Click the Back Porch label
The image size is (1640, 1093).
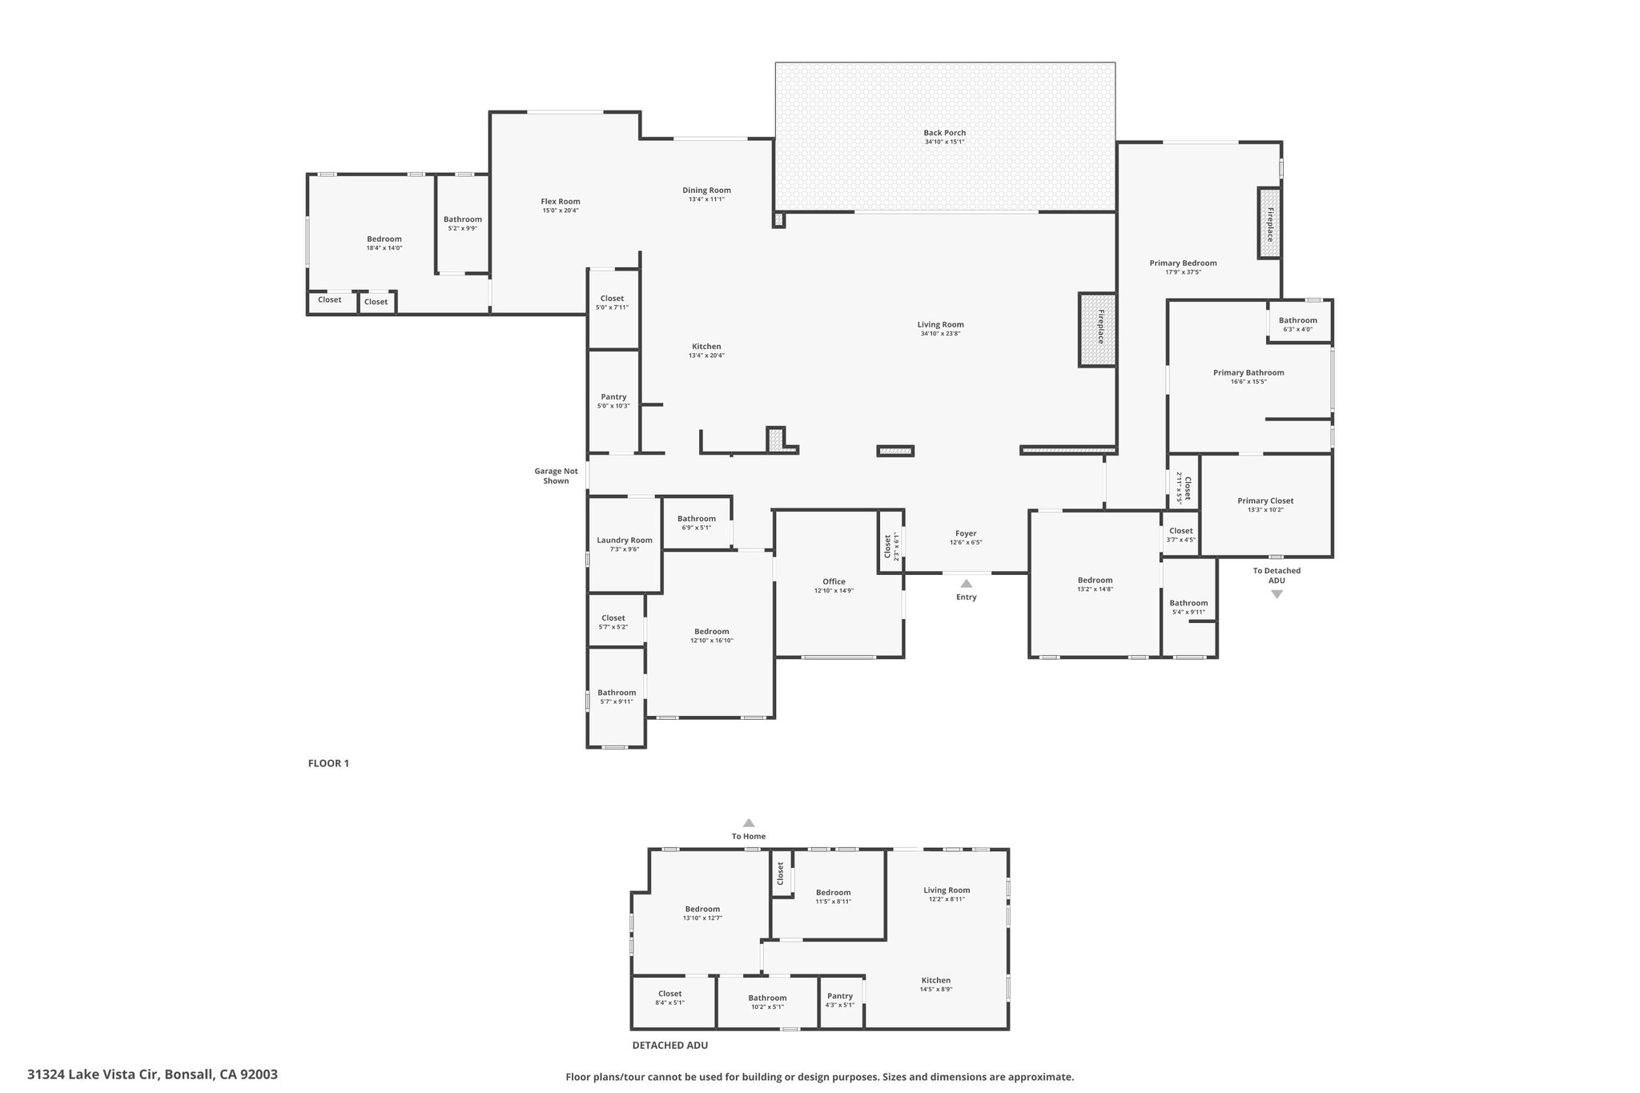coord(944,133)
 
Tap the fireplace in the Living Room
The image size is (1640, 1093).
coord(1097,329)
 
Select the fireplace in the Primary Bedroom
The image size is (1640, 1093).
coord(1269,223)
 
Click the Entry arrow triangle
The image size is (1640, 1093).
coord(966,584)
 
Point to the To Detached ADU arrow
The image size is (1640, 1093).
coord(1276,594)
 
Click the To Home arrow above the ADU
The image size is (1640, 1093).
coord(749,822)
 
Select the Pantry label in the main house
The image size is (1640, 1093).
coord(613,397)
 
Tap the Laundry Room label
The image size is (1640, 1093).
coord(625,540)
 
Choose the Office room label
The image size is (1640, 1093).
coord(834,581)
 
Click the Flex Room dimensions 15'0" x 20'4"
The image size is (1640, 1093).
coord(561,211)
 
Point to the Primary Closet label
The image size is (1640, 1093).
coord(1265,500)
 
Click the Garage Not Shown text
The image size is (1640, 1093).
coord(556,476)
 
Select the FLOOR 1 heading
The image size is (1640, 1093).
coord(328,763)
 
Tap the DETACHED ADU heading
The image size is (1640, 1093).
coord(670,1045)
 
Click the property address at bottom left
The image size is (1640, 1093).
coord(152,1074)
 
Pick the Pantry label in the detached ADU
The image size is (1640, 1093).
coord(840,996)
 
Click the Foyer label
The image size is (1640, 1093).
coord(966,533)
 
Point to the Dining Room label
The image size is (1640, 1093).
coord(706,190)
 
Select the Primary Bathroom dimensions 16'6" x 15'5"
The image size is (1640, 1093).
coord(1248,382)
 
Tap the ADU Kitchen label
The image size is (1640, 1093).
coord(936,980)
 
